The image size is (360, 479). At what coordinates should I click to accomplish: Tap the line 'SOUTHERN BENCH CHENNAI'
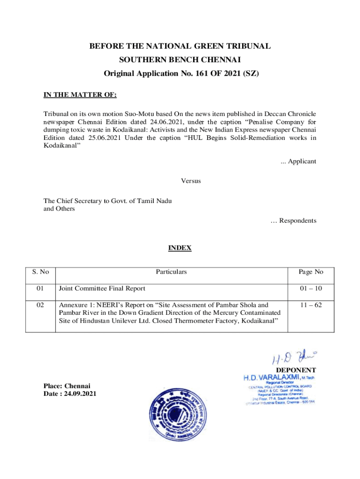click(x=180, y=60)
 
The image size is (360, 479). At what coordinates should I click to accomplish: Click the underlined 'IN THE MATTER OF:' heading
click(x=79, y=95)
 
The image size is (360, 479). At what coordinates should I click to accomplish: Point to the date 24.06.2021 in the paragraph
click(x=150, y=121)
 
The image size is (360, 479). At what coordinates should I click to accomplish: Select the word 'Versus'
click(x=191, y=180)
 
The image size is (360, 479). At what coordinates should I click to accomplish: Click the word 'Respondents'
click(x=297, y=220)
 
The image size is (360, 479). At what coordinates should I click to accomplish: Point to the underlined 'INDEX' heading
click(x=180, y=248)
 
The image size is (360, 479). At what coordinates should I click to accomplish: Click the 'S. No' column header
click(x=41, y=272)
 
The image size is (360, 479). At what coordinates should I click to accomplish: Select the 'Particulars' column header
click(x=171, y=272)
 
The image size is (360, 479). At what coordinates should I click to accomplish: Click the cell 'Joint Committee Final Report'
click(x=102, y=288)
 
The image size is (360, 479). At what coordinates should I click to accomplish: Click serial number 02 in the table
click(x=41, y=305)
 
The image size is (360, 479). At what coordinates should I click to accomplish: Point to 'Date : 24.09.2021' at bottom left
click(x=71, y=394)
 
